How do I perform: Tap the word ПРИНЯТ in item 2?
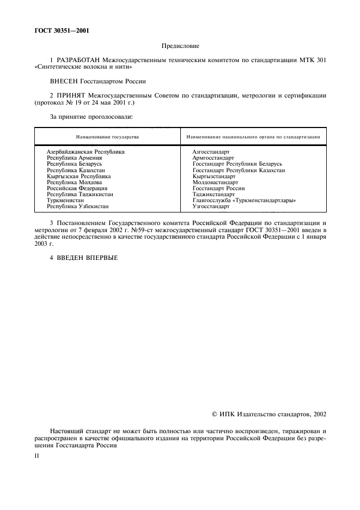71,95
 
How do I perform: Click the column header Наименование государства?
107,137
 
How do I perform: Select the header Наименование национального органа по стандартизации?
253,137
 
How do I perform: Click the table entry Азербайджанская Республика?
86,151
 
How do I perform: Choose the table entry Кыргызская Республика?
79,177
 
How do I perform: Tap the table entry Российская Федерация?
78,189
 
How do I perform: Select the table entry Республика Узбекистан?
78,207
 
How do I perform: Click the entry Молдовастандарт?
215,183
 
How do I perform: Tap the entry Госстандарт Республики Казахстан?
239,170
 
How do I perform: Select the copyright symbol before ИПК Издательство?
215,415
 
